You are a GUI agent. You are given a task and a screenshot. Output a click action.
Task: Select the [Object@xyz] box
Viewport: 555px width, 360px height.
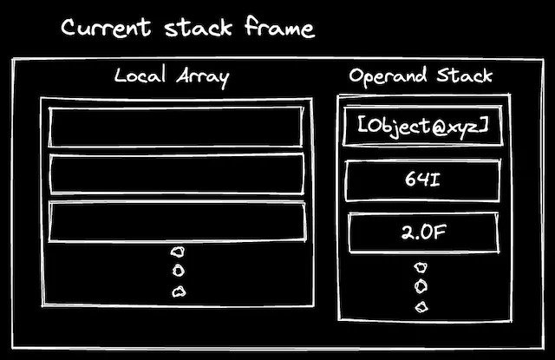coord(423,127)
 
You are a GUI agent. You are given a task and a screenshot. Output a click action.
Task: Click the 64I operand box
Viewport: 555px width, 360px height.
coord(423,180)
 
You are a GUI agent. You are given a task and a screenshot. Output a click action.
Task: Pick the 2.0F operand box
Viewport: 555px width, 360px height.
coord(423,232)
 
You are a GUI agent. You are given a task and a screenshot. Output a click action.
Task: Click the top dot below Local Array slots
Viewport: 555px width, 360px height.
coord(178,252)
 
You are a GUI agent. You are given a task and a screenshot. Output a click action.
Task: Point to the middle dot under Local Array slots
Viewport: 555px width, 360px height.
coord(178,272)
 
